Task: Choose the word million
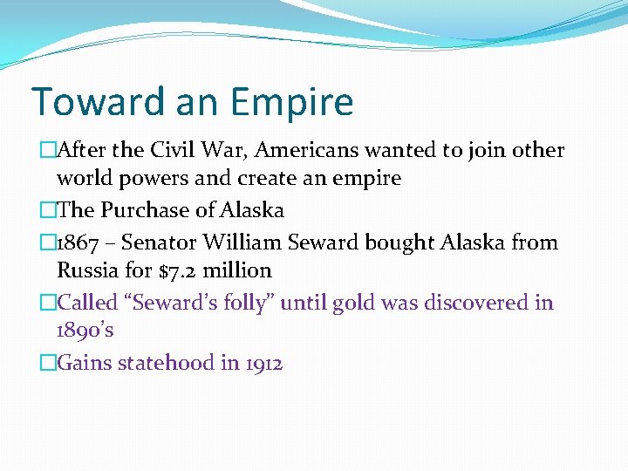pyautogui.click(x=237, y=270)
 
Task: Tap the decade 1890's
pyautogui.click(x=85, y=331)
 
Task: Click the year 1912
pyautogui.click(x=263, y=363)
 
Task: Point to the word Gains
pyautogui.click(x=81, y=363)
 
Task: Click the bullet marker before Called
pyautogui.click(x=47, y=303)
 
